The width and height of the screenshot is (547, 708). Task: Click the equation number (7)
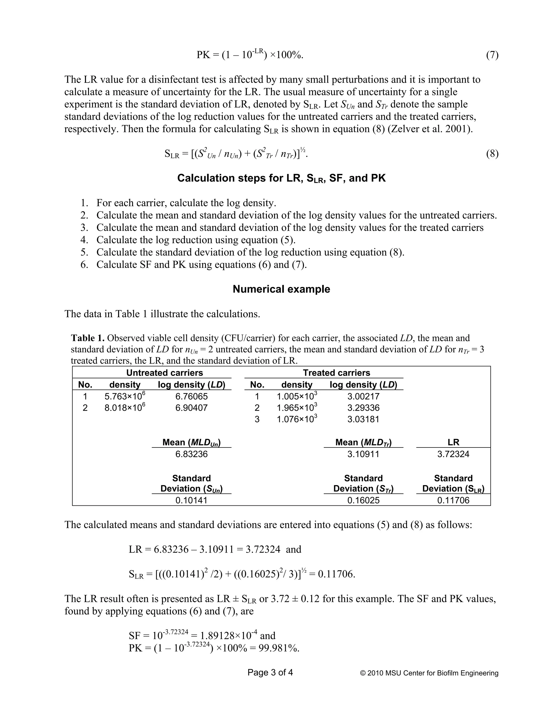pos(492,55)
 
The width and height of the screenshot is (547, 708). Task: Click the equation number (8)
pos(492,154)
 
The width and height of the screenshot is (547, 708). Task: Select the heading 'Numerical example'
pos(281,289)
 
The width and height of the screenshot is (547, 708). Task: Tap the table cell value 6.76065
pos(191,396)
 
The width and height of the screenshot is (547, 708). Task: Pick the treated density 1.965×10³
pos(296,407)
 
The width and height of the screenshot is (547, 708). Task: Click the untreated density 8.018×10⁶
pos(124,407)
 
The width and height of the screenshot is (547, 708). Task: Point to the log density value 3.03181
pos(363,419)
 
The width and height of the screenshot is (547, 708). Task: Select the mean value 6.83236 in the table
pos(191,454)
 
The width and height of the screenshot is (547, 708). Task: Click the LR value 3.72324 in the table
pos(453,454)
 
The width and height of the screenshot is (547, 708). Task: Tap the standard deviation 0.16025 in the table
pos(363,500)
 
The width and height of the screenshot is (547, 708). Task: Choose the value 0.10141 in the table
pos(191,500)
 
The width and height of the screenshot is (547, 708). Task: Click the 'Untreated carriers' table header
pos(164,373)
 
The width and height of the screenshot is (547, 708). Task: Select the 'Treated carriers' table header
pos(336,373)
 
